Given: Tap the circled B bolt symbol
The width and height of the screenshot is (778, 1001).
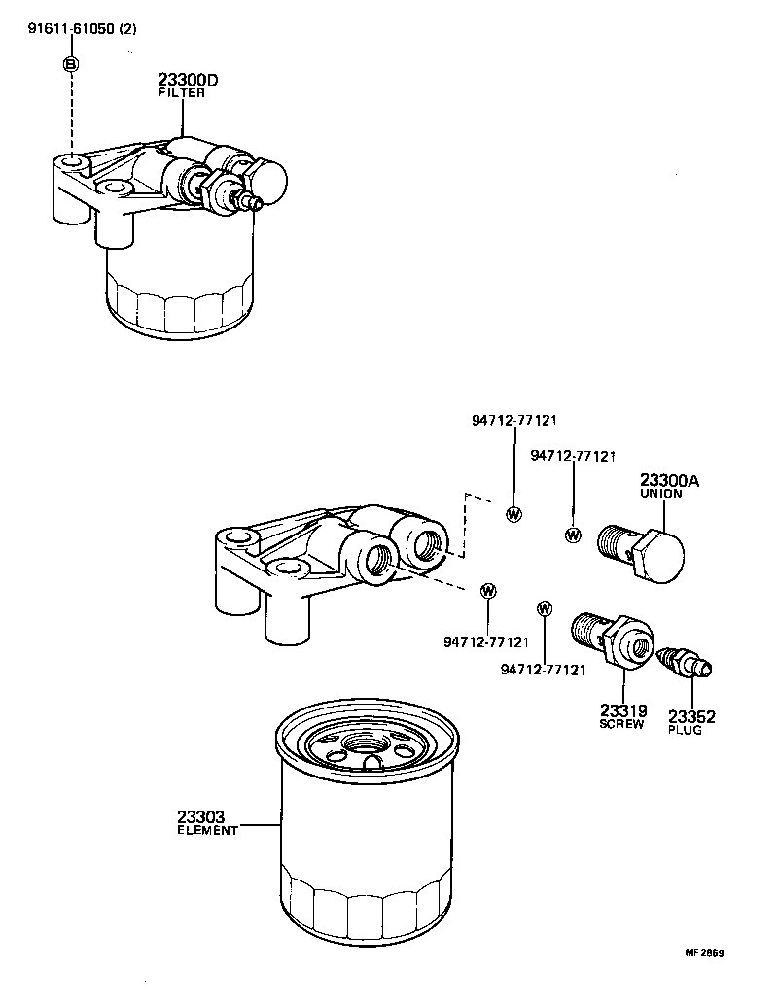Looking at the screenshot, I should [x=71, y=64].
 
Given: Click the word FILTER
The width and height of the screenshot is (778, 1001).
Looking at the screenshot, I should [x=182, y=93].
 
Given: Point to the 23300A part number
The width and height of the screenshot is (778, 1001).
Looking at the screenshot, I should [x=670, y=480].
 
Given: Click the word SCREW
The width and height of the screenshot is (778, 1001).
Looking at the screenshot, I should [x=621, y=724].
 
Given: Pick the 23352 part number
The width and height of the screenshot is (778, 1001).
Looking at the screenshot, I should [x=691, y=717].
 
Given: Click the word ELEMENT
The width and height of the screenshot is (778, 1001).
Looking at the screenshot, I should [x=207, y=832].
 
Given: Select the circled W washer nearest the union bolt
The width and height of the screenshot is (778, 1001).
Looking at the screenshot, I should [x=573, y=534].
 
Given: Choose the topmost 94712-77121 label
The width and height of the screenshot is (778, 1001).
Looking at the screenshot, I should [x=513, y=421].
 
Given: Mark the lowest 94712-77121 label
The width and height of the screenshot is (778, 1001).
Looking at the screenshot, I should [x=544, y=670].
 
